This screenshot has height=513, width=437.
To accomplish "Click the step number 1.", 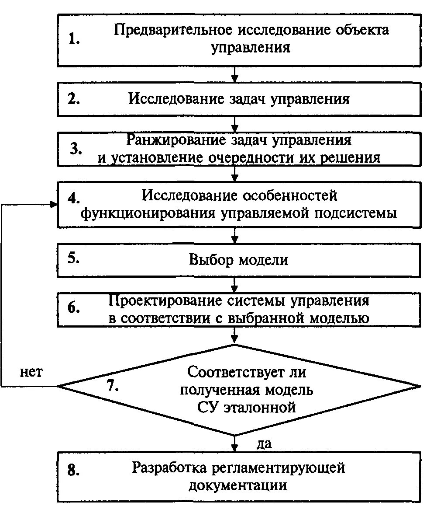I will point(74,39).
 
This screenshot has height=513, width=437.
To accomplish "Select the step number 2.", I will point(74,99).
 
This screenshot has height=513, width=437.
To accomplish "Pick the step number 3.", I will point(76,148).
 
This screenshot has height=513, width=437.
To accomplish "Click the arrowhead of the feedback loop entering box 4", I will point(54,204).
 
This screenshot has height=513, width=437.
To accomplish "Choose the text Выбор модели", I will point(238,260).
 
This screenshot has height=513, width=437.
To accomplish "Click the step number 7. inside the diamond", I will point(113,385).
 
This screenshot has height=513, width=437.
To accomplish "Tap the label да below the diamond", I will point(264,444).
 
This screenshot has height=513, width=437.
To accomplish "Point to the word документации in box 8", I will point(238,485).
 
